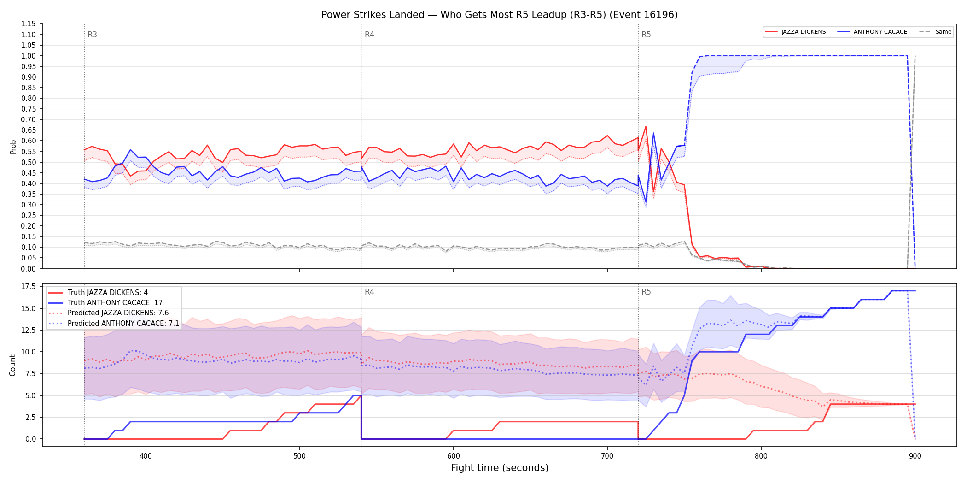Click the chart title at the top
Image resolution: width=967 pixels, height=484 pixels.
point(499,15)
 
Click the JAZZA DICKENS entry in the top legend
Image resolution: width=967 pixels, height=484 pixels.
point(804,32)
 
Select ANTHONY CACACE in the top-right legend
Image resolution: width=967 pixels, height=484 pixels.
point(880,32)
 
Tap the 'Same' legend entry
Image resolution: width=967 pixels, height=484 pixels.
point(944,32)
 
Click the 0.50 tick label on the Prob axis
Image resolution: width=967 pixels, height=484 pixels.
point(29,162)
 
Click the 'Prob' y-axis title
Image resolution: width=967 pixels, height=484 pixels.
point(13,147)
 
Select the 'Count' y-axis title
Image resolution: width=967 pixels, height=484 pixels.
point(12,365)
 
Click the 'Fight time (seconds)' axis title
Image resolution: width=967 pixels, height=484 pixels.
point(500,468)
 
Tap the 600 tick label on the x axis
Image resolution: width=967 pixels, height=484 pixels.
point(454,456)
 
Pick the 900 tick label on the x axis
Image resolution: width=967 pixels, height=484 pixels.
point(915,456)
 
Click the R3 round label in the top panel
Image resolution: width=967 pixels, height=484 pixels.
point(92,35)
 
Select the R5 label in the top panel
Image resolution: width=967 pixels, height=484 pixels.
point(646,35)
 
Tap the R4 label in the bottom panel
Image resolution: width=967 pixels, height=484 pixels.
point(369,292)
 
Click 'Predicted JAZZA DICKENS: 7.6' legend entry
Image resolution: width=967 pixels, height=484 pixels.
point(118,313)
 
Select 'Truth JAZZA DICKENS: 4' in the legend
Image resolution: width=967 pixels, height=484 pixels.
point(108,293)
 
